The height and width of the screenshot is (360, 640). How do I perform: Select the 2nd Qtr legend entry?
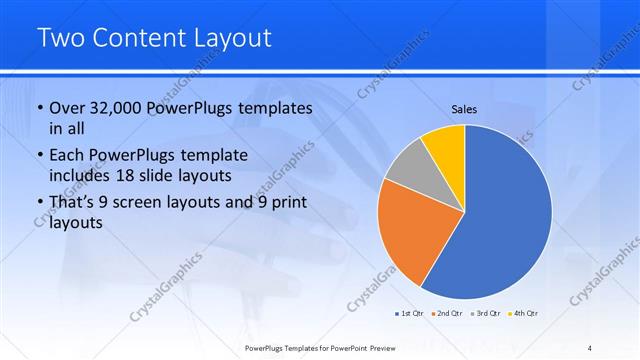(446, 314)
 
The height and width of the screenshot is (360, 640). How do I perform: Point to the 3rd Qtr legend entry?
(485, 314)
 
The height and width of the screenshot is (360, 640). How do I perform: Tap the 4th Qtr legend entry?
(523, 314)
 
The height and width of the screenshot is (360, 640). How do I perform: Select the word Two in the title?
(58, 38)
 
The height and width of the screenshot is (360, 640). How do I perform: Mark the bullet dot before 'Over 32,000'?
(39, 108)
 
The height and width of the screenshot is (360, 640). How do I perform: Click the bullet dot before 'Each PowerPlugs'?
(39, 156)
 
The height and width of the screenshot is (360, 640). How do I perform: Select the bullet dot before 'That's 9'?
(39, 204)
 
